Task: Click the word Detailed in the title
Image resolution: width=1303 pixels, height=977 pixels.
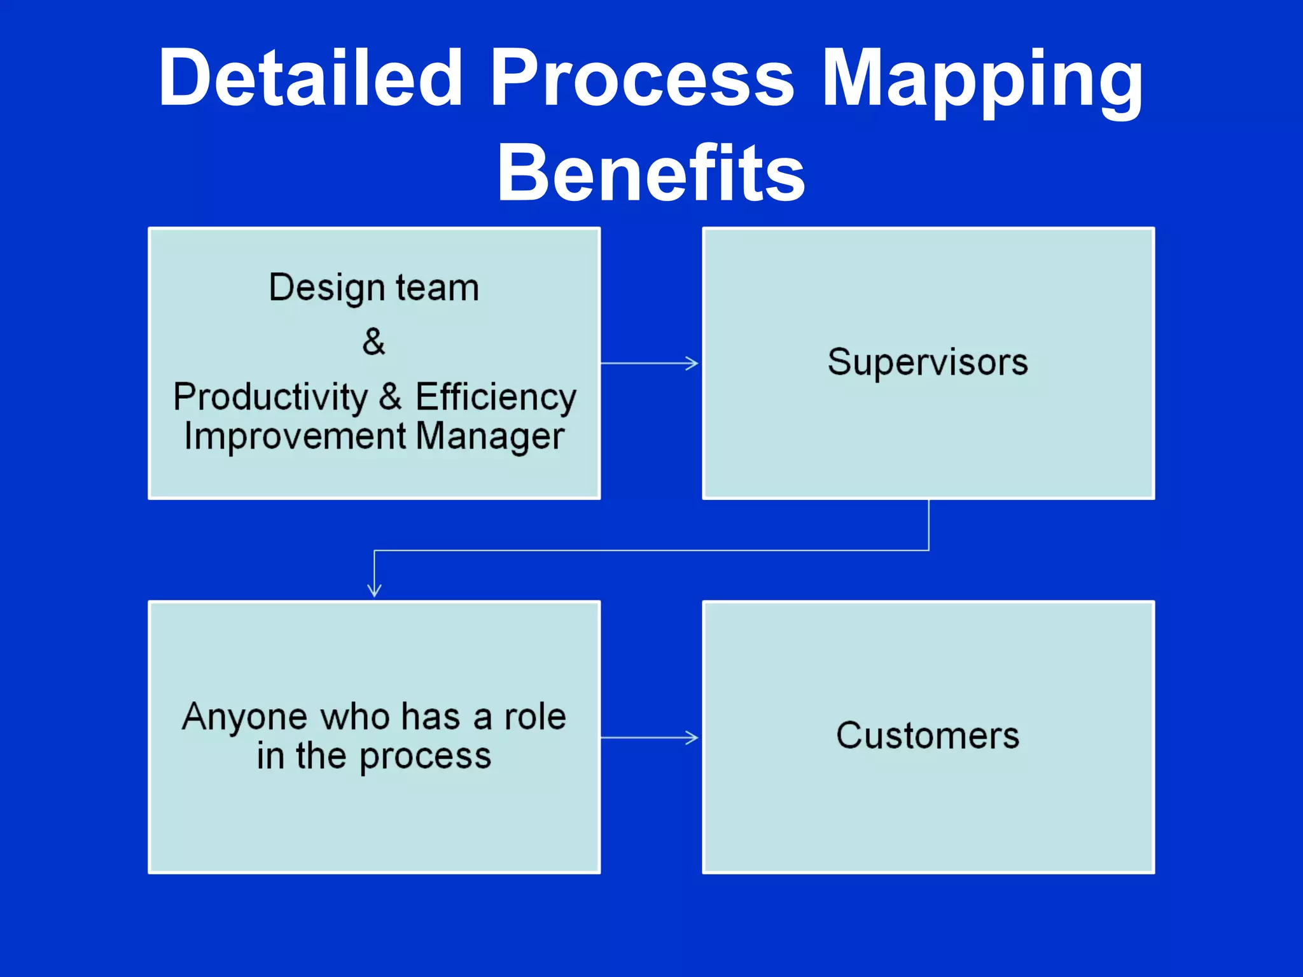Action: [310, 78]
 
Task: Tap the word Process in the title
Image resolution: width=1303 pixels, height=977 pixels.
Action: [642, 78]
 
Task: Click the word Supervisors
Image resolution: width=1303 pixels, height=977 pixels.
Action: [928, 363]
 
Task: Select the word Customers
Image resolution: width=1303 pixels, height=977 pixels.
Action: [928, 736]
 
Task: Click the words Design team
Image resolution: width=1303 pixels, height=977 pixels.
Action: [373, 288]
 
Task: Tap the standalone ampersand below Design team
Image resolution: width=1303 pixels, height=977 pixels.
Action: [373, 342]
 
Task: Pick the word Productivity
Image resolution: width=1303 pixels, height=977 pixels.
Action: [270, 398]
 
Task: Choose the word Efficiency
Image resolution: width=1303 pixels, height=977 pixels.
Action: [496, 398]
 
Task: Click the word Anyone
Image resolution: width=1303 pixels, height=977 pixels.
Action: [245, 717]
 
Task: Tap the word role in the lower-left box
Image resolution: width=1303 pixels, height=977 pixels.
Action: [535, 717]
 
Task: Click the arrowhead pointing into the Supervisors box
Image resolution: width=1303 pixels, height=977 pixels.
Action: [693, 363]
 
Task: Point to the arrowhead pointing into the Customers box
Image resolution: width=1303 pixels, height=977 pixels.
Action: [693, 738]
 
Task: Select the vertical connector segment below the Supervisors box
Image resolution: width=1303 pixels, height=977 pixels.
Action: [928, 525]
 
